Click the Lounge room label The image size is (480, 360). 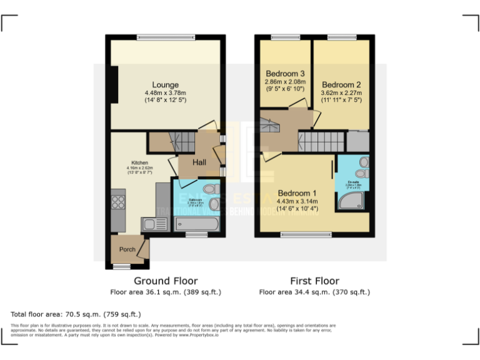166,85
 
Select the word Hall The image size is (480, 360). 199,162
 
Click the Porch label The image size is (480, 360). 127,249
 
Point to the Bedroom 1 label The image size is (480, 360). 297,192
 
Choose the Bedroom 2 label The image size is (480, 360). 341,85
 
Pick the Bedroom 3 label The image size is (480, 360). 285,74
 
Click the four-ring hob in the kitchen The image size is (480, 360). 118,201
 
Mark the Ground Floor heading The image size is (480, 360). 166,281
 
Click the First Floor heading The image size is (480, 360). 314,281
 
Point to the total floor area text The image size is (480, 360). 76,314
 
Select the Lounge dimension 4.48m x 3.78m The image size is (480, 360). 166,93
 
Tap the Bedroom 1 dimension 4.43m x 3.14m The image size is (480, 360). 297,201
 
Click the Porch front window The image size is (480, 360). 122,267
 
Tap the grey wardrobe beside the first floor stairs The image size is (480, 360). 357,141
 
